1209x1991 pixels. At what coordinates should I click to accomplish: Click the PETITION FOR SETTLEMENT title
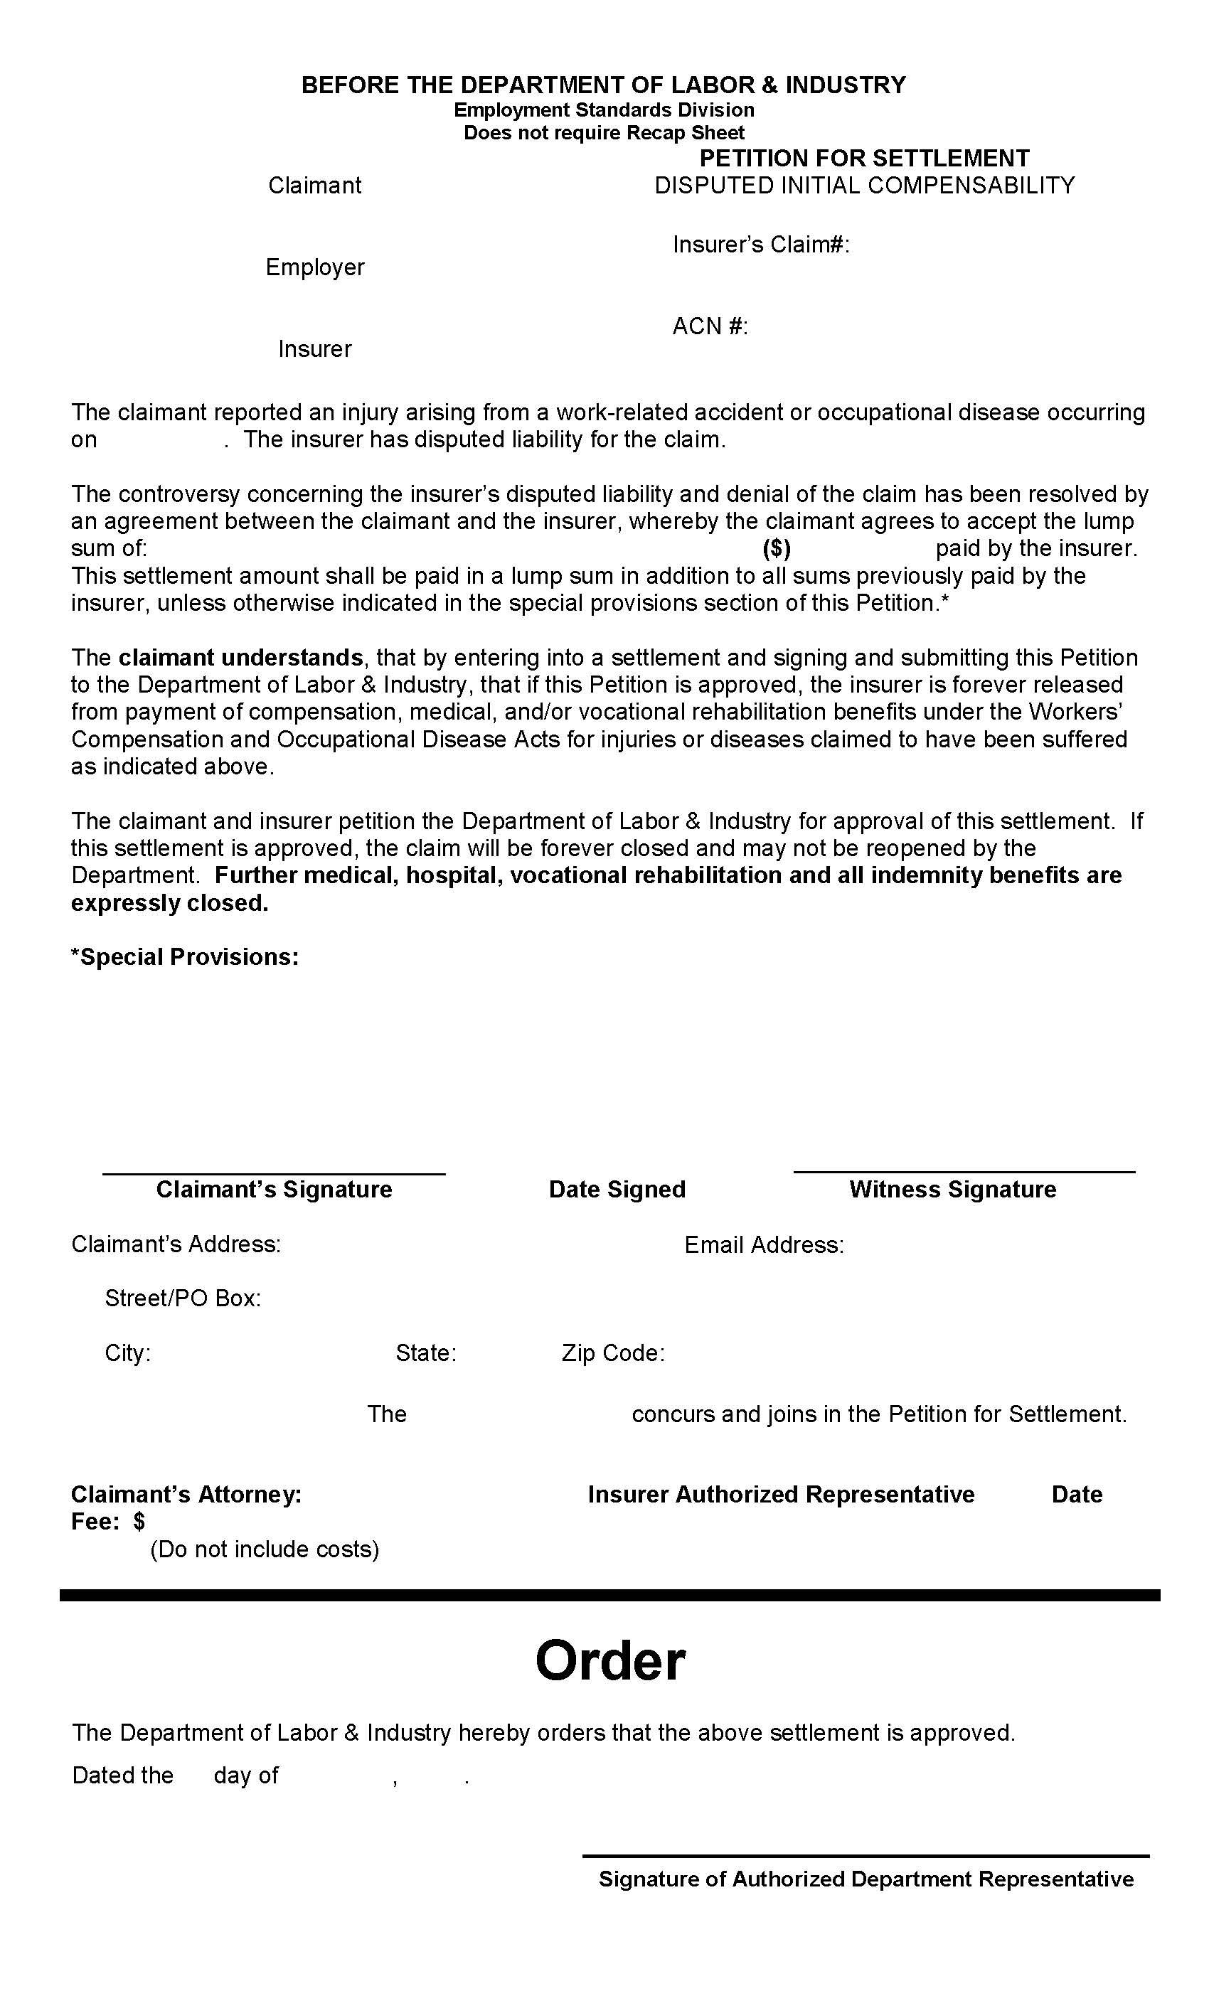click(x=864, y=158)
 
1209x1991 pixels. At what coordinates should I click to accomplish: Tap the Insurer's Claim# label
click(x=760, y=244)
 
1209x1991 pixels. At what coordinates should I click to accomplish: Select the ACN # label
click(x=710, y=326)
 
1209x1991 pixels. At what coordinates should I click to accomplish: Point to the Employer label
click(x=314, y=267)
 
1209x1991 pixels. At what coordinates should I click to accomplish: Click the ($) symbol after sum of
click(x=776, y=549)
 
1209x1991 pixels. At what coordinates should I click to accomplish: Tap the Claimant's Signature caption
click(x=274, y=1189)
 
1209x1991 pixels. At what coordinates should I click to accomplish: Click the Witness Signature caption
click(x=952, y=1189)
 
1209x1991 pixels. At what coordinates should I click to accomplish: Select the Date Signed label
click(x=617, y=1189)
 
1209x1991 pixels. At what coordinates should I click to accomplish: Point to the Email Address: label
click(x=764, y=1244)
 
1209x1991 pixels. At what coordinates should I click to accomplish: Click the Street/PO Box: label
click(x=183, y=1298)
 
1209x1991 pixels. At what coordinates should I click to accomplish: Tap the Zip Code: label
click(x=612, y=1352)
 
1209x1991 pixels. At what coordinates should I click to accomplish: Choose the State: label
click(x=426, y=1352)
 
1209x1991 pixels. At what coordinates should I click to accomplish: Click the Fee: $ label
click(x=108, y=1522)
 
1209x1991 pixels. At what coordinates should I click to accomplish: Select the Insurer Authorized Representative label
click(x=781, y=1494)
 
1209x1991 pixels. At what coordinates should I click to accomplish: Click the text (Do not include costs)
click(x=265, y=1549)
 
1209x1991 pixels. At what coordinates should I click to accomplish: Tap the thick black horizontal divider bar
click(x=609, y=1595)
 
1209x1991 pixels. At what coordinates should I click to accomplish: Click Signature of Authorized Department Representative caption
click(x=866, y=1879)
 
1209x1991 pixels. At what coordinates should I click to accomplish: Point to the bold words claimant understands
click(x=240, y=657)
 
